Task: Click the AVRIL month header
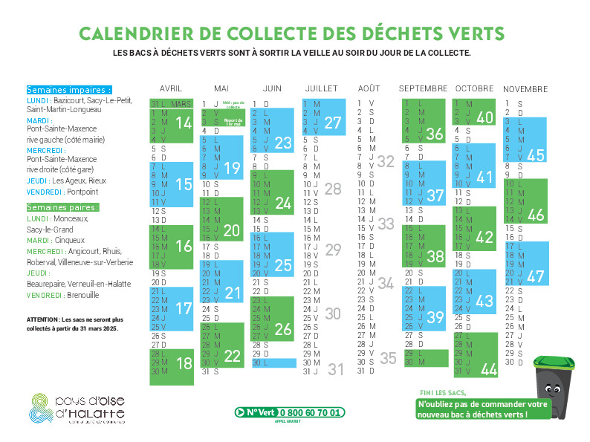[170, 88]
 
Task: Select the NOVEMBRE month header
[525, 88]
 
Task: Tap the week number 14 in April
[184, 123]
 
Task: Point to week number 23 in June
[283, 143]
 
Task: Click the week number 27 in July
[332, 123]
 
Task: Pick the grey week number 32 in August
[386, 161]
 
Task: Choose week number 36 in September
[435, 134]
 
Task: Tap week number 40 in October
[484, 117]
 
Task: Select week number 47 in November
[536, 276]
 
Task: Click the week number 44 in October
[488, 369]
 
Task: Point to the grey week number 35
[388, 357]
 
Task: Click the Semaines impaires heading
[68, 90]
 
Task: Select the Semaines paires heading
[63, 207]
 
